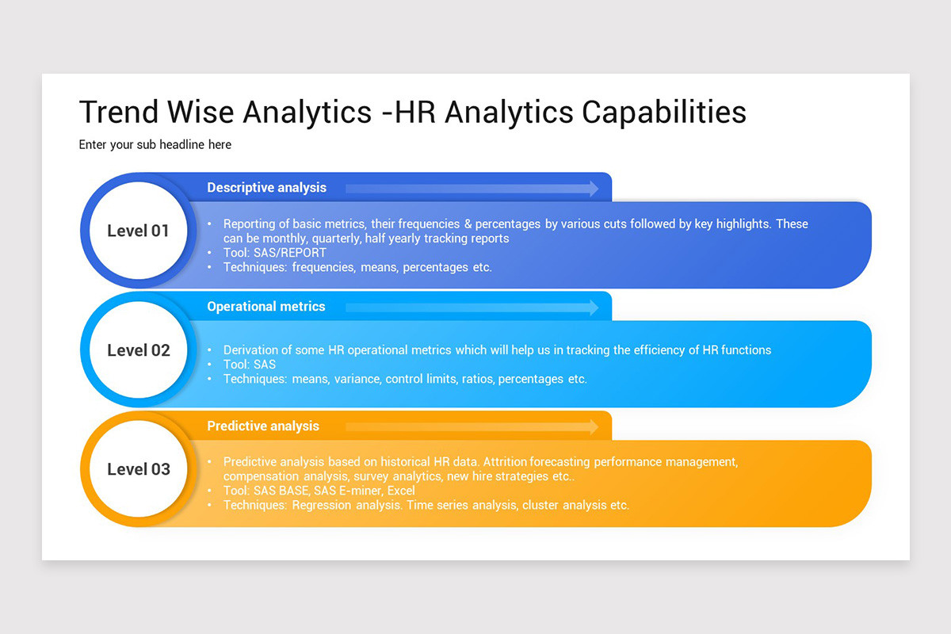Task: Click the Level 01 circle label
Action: (139, 231)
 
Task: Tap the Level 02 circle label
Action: (139, 350)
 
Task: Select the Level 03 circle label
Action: (139, 469)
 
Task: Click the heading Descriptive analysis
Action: (266, 188)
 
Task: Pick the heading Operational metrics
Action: (266, 307)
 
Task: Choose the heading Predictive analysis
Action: (263, 426)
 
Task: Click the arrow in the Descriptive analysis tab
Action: (472, 188)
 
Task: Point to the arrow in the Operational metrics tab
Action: (472, 307)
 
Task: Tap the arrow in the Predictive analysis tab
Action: (472, 426)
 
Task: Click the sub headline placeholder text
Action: (155, 145)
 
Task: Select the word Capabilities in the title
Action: (664, 113)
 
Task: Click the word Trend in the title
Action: (119, 113)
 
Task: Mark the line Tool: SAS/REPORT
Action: (274, 253)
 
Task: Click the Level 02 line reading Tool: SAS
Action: (250, 365)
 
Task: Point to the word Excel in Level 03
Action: (401, 491)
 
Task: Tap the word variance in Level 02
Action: (355, 379)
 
